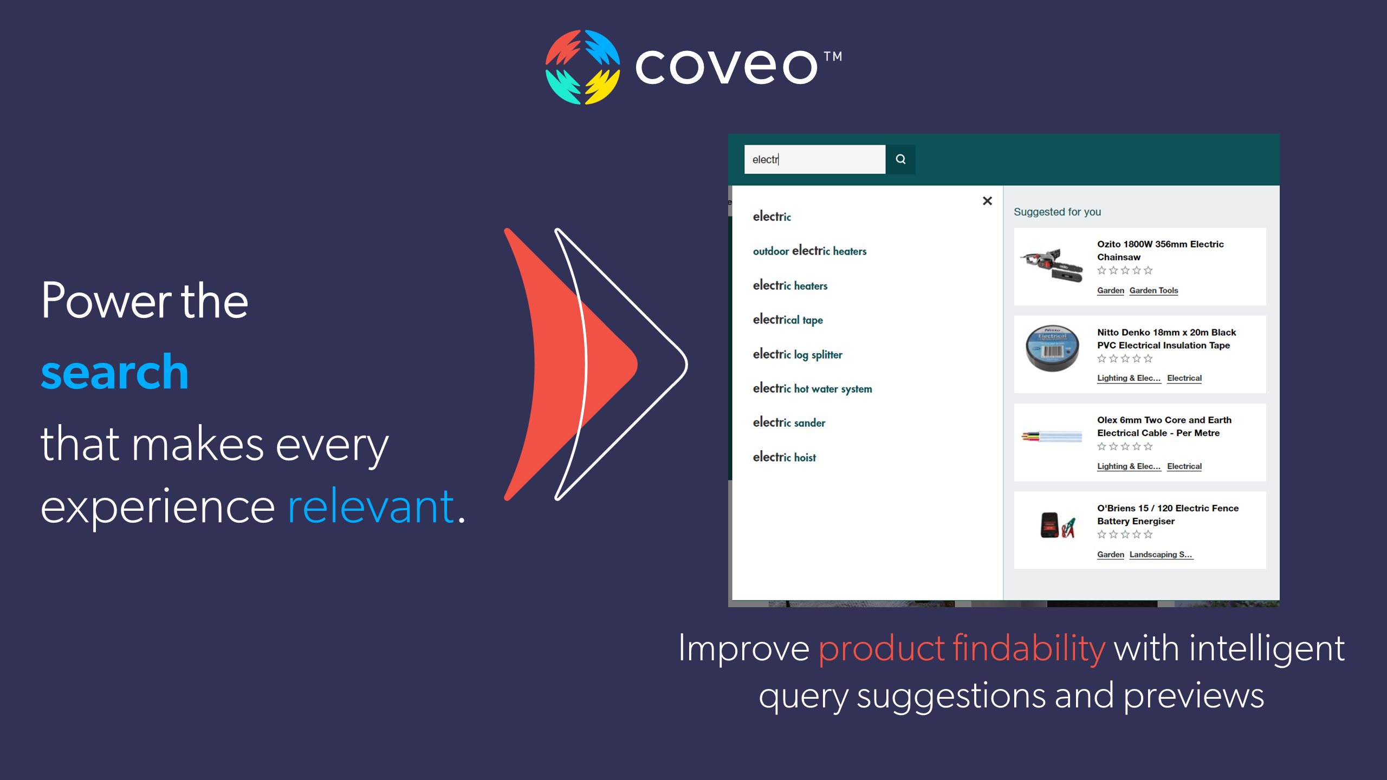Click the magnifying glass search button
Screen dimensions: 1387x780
pyautogui.click(x=900, y=159)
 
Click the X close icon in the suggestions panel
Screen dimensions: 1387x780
pyautogui.click(x=987, y=201)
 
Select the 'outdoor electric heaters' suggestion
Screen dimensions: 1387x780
pyautogui.click(x=809, y=251)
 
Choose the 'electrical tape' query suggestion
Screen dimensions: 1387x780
pyautogui.click(x=788, y=320)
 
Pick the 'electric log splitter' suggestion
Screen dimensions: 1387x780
pyautogui.click(x=798, y=354)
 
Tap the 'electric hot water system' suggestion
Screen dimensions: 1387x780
pyautogui.click(x=812, y=388)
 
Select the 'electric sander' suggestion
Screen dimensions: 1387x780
pyautogui.click(x=789, y=422)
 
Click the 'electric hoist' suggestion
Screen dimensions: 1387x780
pyautogui.click(x=784, y=457)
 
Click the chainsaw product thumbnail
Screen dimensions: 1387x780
pyautogui.click(x=1052, y=265)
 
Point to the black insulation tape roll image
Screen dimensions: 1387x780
pyautogui.click(x=1052, y=348)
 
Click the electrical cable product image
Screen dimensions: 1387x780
pyautogui.click(x=1052, y=437)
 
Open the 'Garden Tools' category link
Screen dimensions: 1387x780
pyautogui.click(x=1153, y=290)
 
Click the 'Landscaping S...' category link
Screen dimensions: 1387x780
pyautogui.click(x=1161, y=554)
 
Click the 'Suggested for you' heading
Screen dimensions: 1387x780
pyautogui.click(x=1057, y=212)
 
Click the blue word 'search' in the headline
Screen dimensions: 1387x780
pyautogui.click(x=115, y=372)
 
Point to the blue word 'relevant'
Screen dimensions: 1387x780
pyautogui.click(x=371, y=506)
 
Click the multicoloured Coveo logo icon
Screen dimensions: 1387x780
pyautogui.click(x=582, y=67)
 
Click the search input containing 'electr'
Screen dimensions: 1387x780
pyautogui.click(x=815, y=159)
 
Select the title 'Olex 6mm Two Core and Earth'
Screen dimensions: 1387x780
pyautogui.click(x=1164, y=420)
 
